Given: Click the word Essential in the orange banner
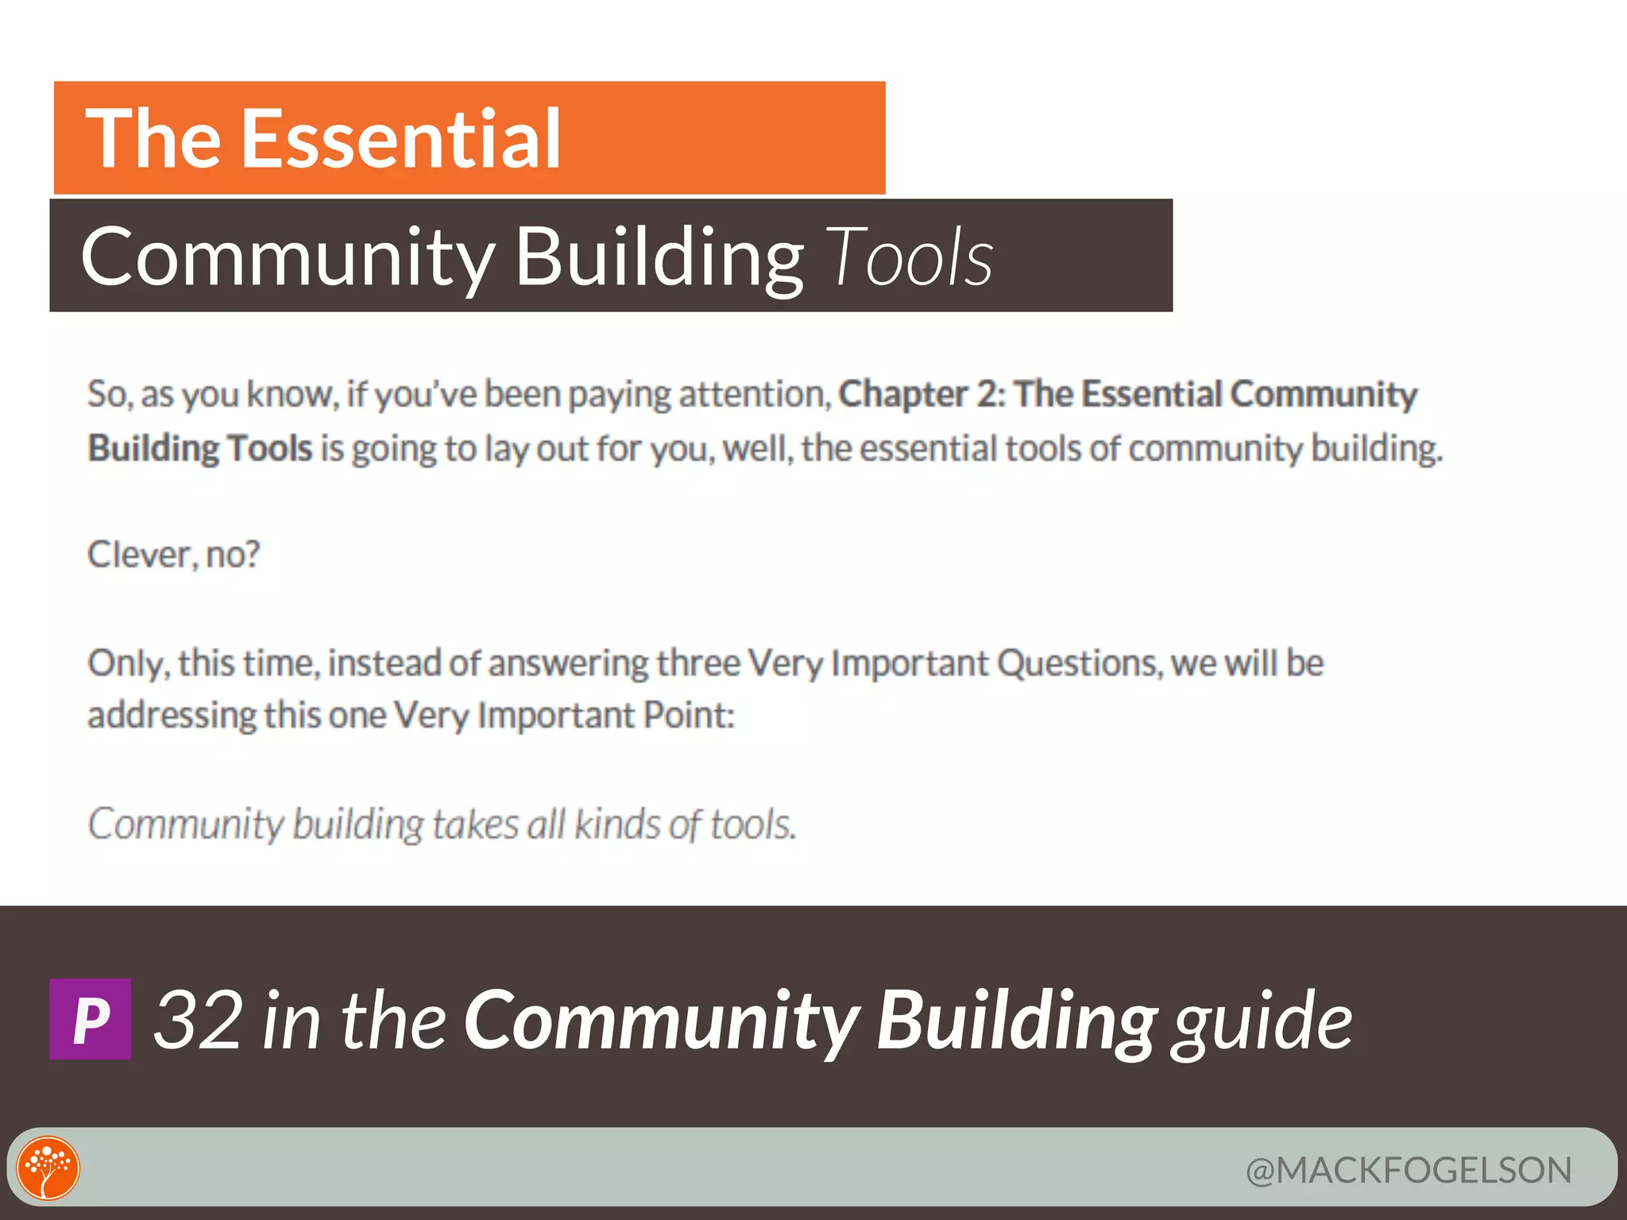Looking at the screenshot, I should pyautogui.click(x=401, y=139).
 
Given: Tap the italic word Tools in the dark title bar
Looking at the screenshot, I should pyautogui.click(x=910, y=257).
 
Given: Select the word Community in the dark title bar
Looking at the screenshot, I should pyautogui.click(x=288, y=257).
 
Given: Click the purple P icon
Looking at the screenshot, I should pyautogui.click(x=91, y=1019).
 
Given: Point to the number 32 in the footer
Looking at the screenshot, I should pyautogui.click(x=199, y=1020).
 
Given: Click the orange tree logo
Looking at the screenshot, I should pyautogui.click(x=48, y=1168).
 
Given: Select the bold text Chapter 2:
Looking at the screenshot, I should pyautogui.click(x=922, y=394).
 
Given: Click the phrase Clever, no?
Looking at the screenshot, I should pyautogui.click(x=173, y=554).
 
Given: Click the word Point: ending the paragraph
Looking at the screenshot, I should pyautogui.click(x=689, y=715).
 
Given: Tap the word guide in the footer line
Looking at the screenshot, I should pyautogui.click(x=1262, y=1021).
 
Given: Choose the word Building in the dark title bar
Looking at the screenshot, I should pyautogui.click(x=659, y=257).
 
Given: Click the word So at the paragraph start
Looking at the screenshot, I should pyautogui.click(x=109, y=394).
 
